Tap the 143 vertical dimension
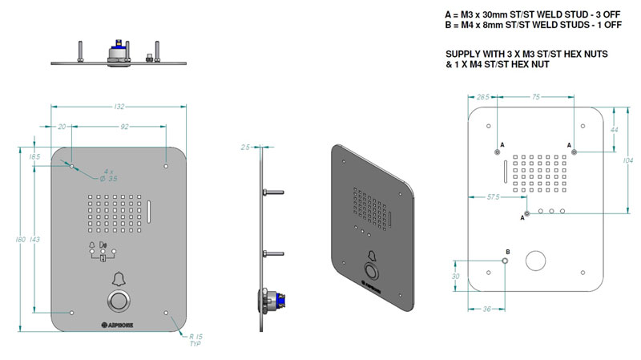34,239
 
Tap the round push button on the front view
119,302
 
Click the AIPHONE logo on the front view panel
119,325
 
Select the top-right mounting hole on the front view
166,167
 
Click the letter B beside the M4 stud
506,252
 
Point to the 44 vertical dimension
615,128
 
